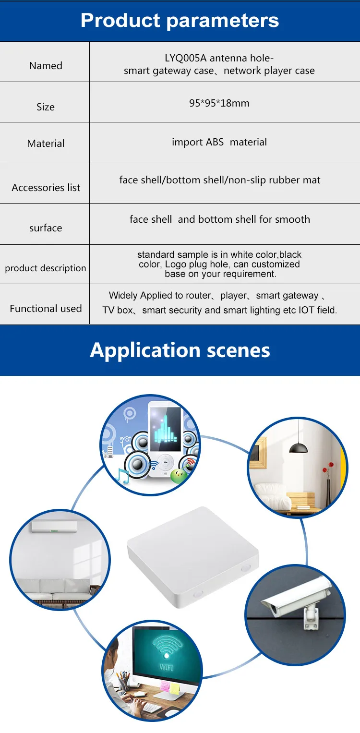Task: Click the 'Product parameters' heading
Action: pyautogui.click(x=180, y=21)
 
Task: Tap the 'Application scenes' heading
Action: pyautogui.click(x=180, y=350)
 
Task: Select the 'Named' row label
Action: pyautogui.click(x=46, y=66)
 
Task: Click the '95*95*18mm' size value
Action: pyautogui.click(x=219, y=103)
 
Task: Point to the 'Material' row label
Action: pyautogui.click(x=46, y=143)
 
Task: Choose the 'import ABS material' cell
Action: pyautogui.click(x=219, y=142)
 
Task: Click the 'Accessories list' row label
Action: pyautogui.click(x=46, y=188)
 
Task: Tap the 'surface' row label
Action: pyautogui.click(x=46, y=228)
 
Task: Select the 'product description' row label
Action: pyautogui.click(x=46, y=268)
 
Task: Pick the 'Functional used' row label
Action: pyautogui.click(x=46, y=308)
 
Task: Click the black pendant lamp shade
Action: pyautogui.click(x=299, y=447)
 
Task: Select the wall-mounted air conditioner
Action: pyautogui.click(x=54, y=527)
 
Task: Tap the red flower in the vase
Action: pyautogui.click(x=330, y=466)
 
